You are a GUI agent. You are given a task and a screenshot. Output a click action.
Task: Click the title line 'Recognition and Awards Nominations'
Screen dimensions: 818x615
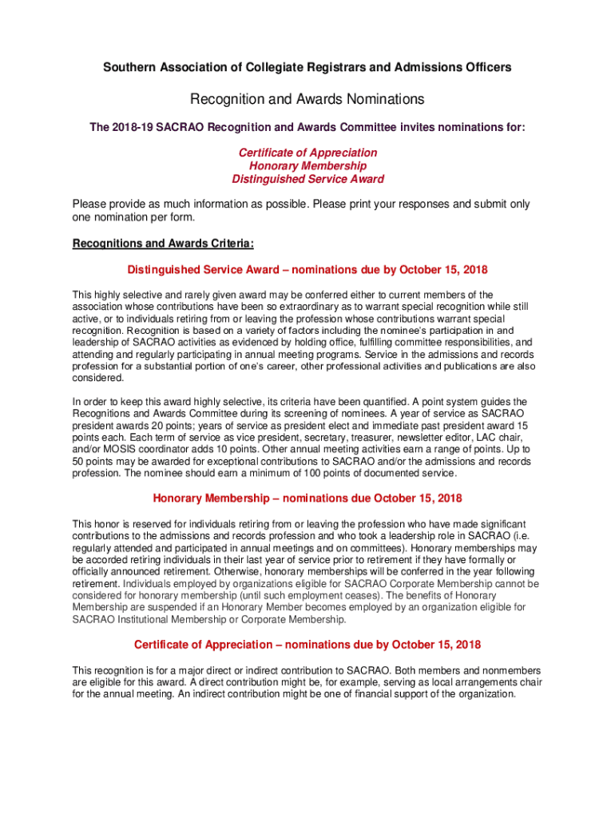[x=307, y=100]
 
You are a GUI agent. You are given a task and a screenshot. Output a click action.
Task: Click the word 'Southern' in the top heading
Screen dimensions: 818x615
[x=128, y=67]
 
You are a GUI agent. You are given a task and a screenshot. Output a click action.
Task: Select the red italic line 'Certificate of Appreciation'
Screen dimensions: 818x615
[x=307, y=153]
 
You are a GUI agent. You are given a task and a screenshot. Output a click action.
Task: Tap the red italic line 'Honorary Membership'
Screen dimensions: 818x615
[x=307, y=166]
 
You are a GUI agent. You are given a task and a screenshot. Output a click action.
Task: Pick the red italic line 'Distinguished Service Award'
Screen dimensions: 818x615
[x=307, y=179]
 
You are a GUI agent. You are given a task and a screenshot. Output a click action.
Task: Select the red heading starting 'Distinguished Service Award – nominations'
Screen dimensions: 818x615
[x=307, y=270]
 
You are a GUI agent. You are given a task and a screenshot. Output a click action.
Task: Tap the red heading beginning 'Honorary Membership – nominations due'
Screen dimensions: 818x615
[x=307, y=499]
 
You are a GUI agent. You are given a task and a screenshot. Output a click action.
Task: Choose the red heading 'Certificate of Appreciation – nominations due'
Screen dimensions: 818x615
[x=307, y=645]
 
